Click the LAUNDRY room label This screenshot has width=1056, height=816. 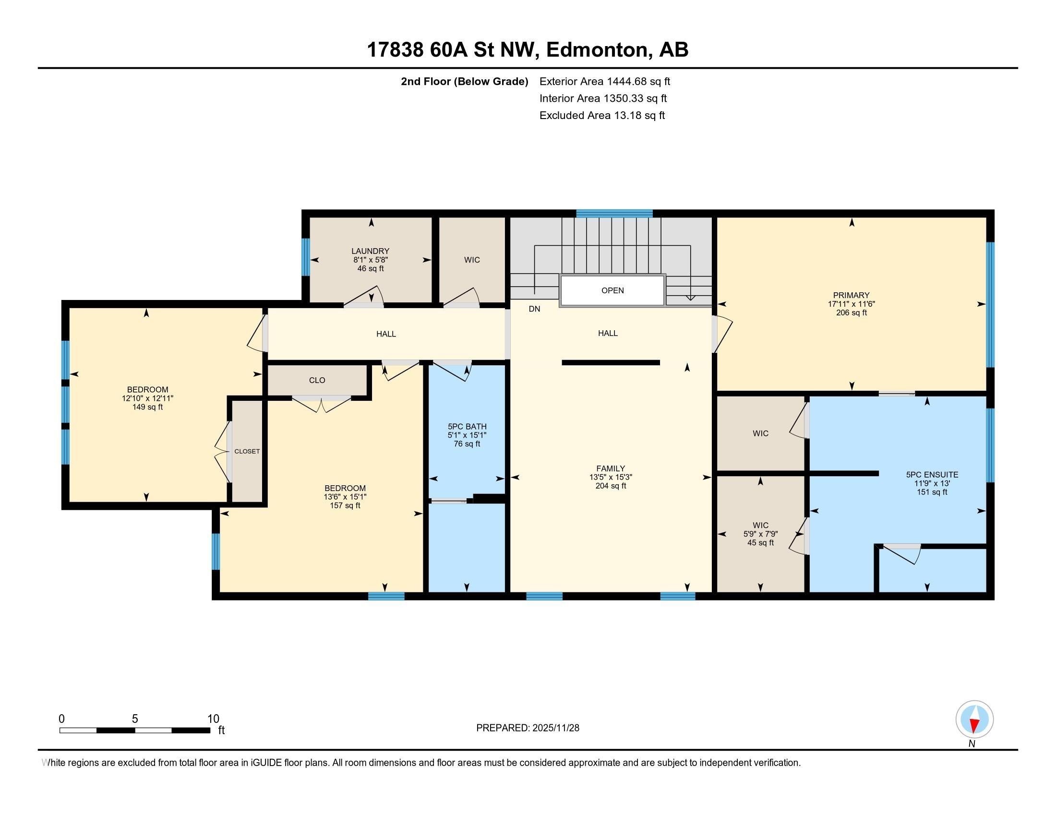click(x=371, y=252)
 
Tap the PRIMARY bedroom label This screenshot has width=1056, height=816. click(x=851, y=295)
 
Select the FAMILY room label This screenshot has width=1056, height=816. click(x=611, y=468)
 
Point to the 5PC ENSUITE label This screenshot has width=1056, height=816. click(x=932, y=475)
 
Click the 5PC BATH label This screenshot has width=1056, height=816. click(x=467, y=427)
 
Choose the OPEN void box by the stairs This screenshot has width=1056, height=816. click(x=612, y=290)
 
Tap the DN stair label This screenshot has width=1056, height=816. click(x=534, y=309)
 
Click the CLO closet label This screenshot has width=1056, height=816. click(x=317, y=381)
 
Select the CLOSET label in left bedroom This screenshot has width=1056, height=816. click(x=247, y=452)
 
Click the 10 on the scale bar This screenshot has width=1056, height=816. click(x=213, y=719)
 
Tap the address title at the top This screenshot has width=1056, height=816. click(x=528, y=50)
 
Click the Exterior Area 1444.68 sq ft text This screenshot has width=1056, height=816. click(x=605, y=81)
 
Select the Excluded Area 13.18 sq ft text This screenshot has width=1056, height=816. click(x=602, y=116)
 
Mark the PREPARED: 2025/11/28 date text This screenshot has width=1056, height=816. click(x=528, y=728)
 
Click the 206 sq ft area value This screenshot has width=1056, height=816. click(x=852, y=313)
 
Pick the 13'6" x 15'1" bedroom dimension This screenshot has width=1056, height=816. click(x=345, y=497)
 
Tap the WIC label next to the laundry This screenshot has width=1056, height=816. click(x=472, y=260)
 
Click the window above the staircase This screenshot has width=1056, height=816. click(x=614, y=213)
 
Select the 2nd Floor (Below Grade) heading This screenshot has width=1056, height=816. click(x=464, y=81)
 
